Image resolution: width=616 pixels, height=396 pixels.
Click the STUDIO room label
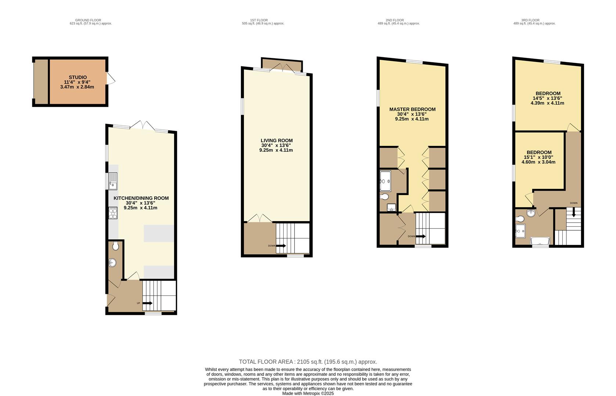tap(78, 77)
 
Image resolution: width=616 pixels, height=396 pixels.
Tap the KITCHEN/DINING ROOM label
tap(141, 198)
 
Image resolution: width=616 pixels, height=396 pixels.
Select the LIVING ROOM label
tap(277, 140)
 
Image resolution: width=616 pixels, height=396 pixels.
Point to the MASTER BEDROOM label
tap(412, 109)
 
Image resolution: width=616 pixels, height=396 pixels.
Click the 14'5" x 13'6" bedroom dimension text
tap(547, 98)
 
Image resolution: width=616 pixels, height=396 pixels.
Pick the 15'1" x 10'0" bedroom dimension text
tap(538, 157)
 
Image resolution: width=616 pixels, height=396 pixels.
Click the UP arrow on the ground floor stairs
tap(147, 303)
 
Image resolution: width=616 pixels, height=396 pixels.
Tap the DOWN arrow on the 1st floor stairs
tap(281, 246)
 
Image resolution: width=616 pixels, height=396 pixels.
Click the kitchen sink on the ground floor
tap(113, 181)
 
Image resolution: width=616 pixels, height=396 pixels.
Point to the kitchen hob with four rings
tap(113, 213)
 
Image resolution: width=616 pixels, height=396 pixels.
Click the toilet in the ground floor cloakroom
tap(115, 246)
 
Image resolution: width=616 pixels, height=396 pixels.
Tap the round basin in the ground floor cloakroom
tap(112, 263)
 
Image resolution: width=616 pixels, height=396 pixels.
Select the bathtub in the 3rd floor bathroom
tap(540, 241)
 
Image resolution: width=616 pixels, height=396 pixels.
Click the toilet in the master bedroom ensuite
tap(384, 197)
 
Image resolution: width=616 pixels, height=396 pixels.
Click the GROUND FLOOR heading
tap(88, 20)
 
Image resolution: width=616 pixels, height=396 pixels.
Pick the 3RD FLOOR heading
tap(530, 20)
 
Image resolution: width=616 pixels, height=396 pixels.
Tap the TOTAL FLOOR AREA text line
tap(308, 362)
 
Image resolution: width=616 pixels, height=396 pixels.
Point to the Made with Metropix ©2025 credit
tap(308, 393)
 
